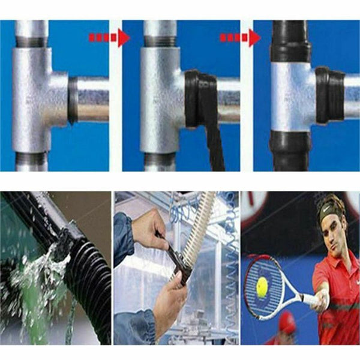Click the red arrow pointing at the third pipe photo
point(239,38)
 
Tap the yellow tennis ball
point(262,287)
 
